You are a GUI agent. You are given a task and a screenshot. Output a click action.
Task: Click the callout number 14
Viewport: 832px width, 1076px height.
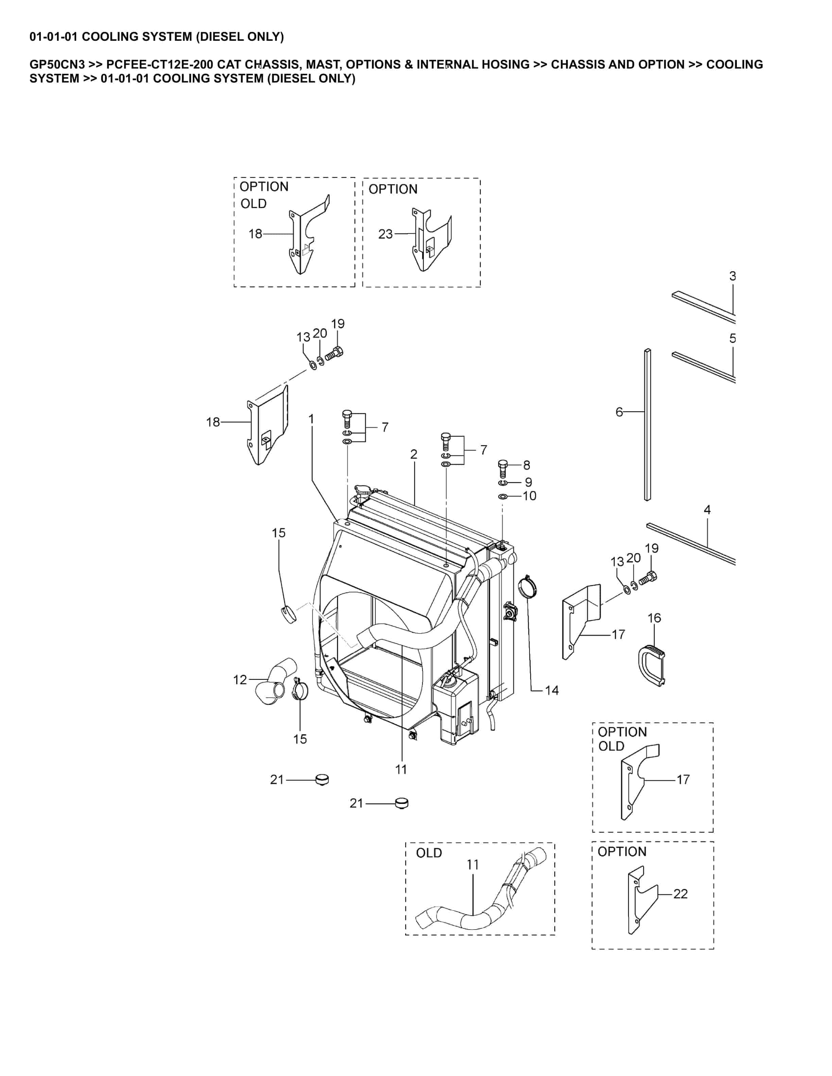552,690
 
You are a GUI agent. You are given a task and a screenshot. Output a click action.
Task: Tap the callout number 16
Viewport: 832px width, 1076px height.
654,618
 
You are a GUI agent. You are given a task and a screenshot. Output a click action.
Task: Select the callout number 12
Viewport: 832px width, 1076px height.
240,680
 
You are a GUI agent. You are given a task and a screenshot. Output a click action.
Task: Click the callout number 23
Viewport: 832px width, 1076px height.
385,234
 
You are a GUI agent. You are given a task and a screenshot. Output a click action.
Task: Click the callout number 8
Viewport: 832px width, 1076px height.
526,465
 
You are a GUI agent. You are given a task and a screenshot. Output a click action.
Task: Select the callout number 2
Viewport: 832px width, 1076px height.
414,454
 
